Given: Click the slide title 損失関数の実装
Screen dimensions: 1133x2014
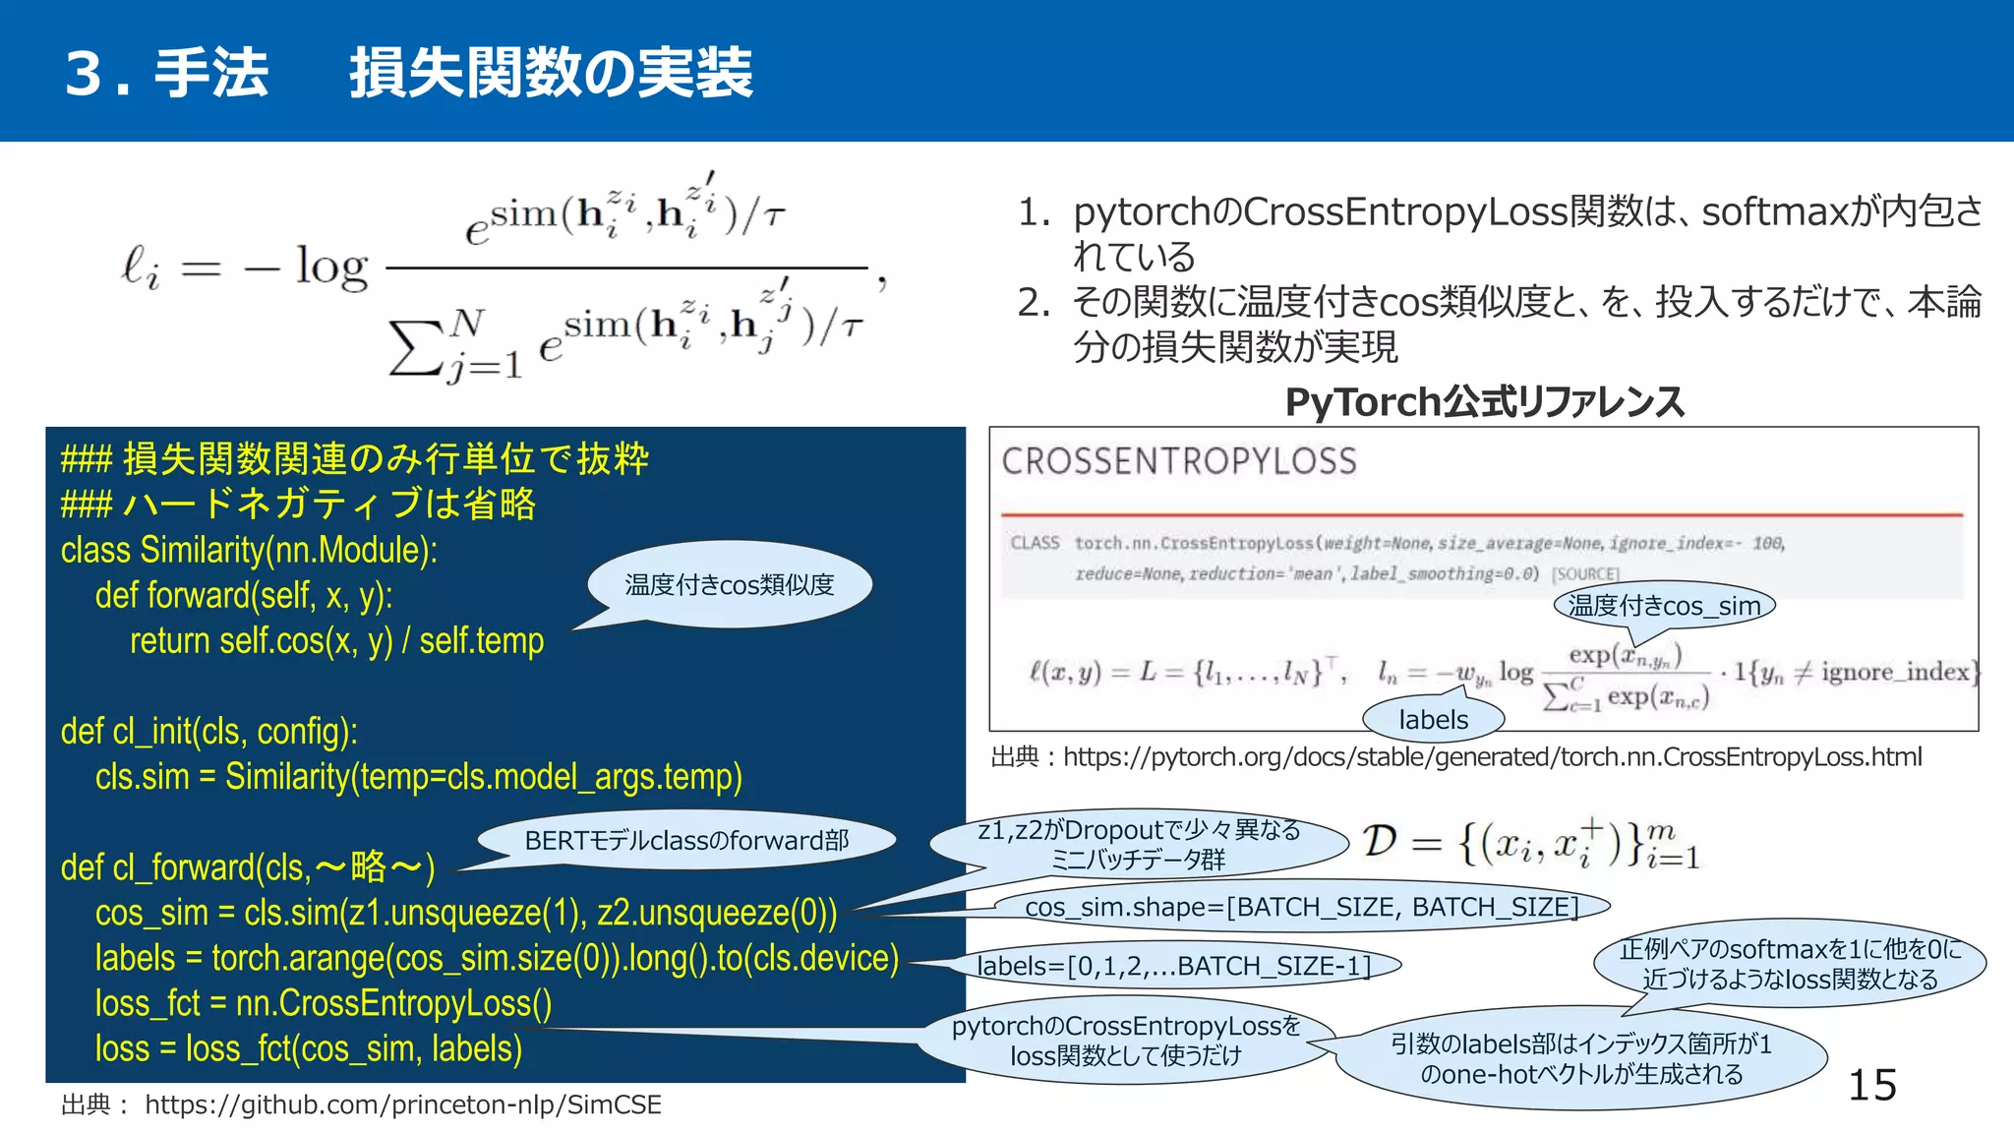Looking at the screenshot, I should [x=551, y=73].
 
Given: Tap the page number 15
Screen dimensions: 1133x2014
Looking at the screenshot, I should [x=1871, y=1085].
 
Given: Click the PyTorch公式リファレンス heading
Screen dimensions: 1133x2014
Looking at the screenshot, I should [x=1484, y=401].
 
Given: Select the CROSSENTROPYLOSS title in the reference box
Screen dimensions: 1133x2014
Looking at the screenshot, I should [x=1179, y=461].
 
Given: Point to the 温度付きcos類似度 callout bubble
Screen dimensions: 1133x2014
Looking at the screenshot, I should [x=729, y=585].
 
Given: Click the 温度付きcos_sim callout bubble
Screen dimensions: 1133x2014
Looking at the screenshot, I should [x=1664, y=606].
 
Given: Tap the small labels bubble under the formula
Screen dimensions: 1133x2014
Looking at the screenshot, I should [x=1433, y=720].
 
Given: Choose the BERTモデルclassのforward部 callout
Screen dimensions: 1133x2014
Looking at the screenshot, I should [x=686, y=840].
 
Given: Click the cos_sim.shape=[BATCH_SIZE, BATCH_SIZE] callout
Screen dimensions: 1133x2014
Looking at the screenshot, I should [x=1301, y=907].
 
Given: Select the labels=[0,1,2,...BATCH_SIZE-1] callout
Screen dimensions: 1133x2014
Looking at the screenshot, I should [x=1174, y=966].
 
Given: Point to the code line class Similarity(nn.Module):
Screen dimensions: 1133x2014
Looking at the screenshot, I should [x=249, y=550].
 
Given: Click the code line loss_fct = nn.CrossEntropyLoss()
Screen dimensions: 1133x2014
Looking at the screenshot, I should [x=323, y=1003].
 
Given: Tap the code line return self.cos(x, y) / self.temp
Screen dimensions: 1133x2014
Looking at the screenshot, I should [x=336, y=641].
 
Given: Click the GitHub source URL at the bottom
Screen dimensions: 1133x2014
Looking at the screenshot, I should [x=402, y=1104].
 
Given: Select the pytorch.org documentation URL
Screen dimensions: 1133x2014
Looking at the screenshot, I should [x=1492, y=757].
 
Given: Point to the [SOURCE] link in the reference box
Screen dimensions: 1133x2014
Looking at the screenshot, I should [x=1585, y=573].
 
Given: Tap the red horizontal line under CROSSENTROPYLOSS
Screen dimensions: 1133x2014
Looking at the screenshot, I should [x=1481, y=514].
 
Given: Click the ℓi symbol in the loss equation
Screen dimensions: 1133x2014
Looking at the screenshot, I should [x=140, y=267].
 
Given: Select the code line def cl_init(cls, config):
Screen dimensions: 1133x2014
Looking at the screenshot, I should [x=208, y=732].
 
